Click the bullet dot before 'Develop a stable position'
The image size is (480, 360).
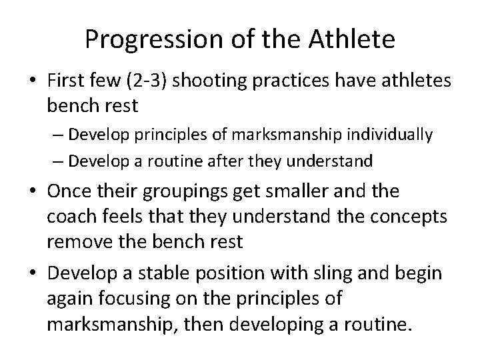click(x=31, y=275)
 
